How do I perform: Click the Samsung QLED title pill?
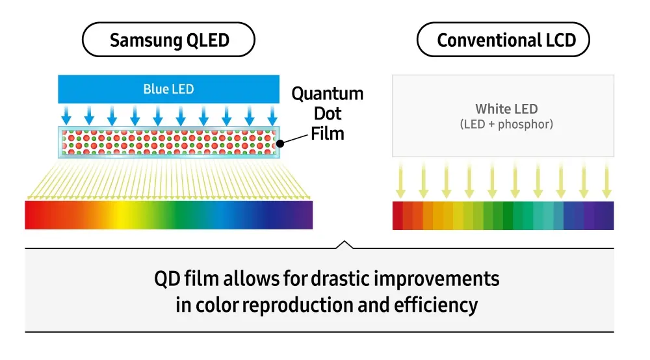tap(168, 40)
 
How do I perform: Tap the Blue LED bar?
tap(168, 89)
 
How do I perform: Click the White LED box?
tap(502, 116)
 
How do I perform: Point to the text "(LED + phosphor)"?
tap(506, 124)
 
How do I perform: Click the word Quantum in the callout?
tap(327, 94)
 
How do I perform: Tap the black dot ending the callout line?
tap(280, 143)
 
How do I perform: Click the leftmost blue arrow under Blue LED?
tap(66, 116)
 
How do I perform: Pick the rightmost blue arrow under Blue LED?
tap(272, 116)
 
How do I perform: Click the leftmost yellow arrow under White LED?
tap(400, 181)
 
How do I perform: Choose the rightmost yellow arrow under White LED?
tap(606, 181)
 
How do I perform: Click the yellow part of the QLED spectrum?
tap(120, 215)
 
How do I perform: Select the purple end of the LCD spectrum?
tap(606, 216)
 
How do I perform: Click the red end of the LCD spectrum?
tap(398, 216)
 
